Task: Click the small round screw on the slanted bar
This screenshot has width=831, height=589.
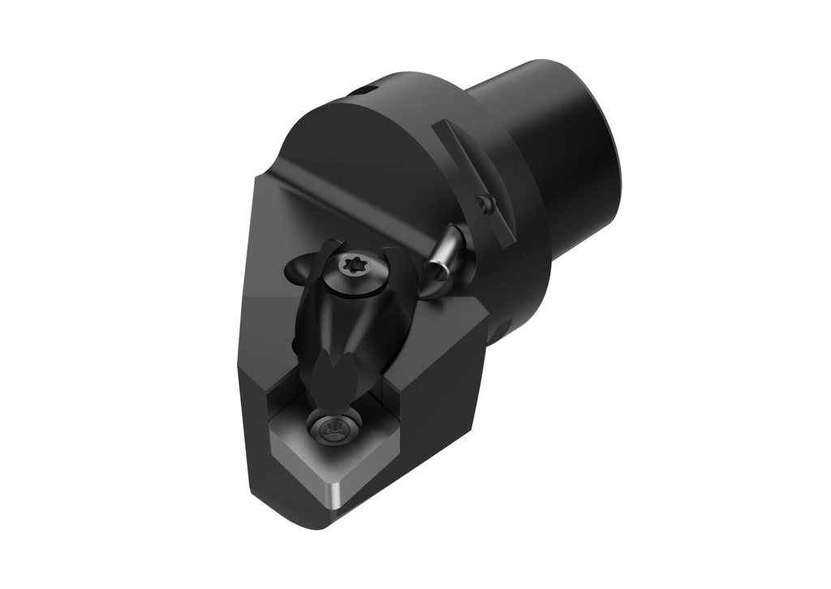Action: point(485,204)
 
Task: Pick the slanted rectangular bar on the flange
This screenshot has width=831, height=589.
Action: point(475,182)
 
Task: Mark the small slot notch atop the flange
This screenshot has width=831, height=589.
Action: point(364,89)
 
